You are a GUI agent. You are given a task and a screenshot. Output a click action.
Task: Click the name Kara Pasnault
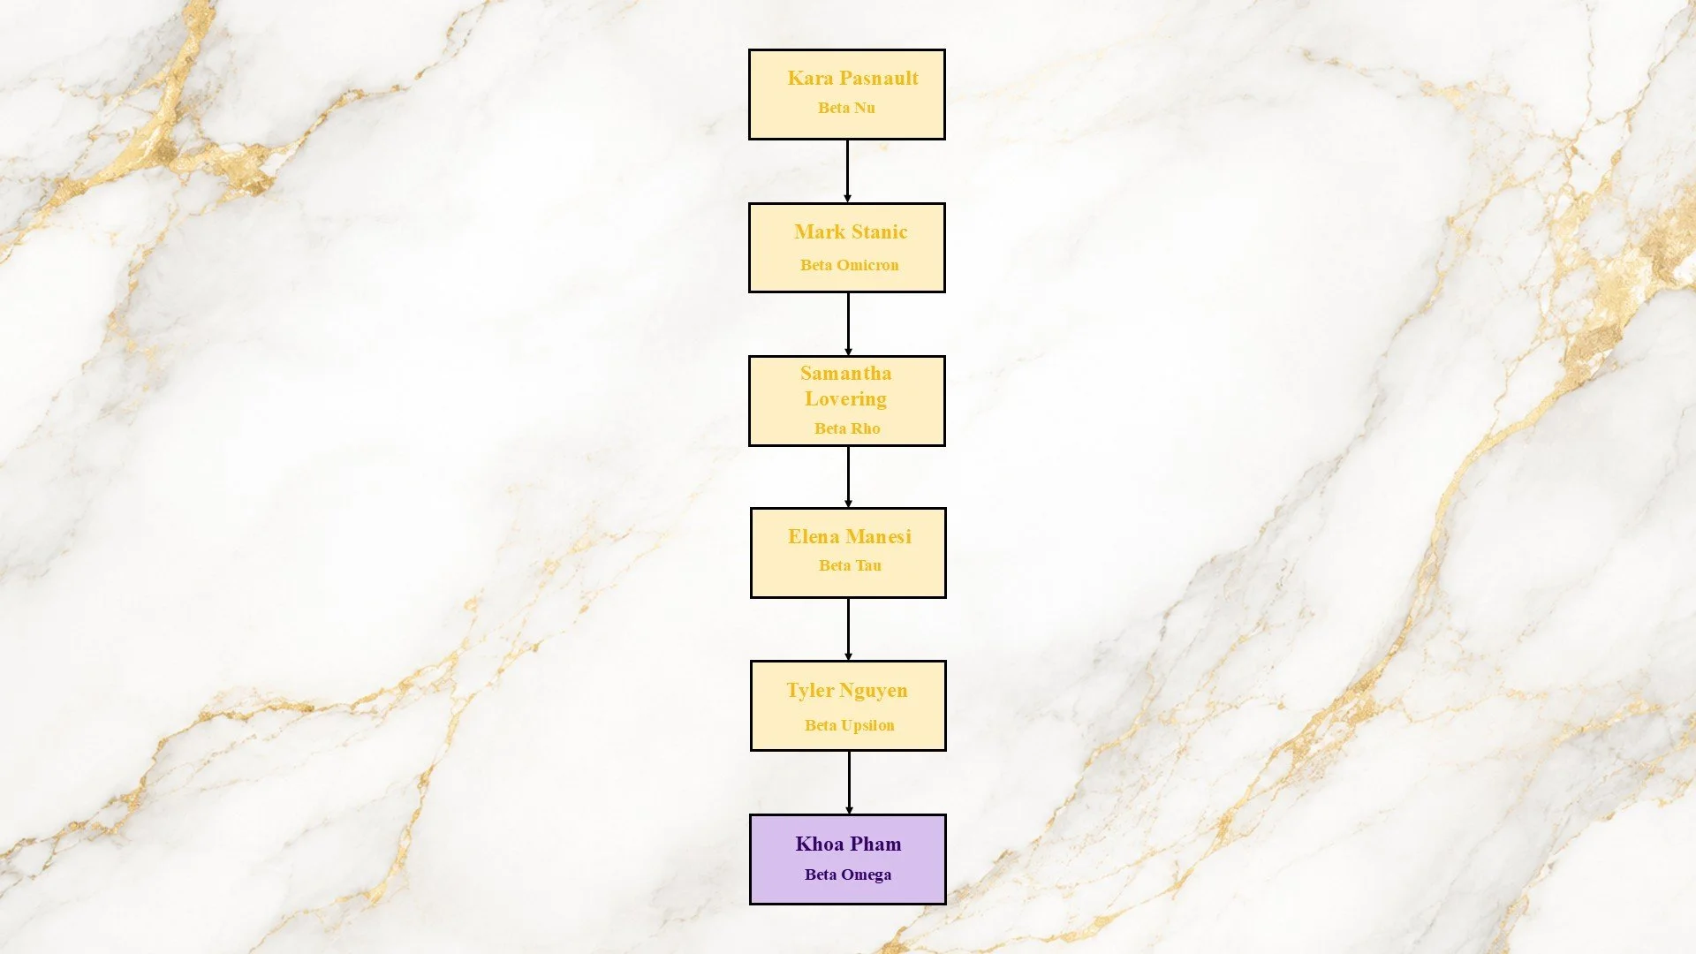[852, 79]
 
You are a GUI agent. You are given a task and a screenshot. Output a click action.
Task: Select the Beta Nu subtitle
[846, 108]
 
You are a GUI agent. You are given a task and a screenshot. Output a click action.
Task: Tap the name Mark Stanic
[851, 232]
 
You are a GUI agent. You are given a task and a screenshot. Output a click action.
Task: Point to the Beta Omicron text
[849, 265]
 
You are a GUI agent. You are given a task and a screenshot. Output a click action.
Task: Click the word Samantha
[845, 374]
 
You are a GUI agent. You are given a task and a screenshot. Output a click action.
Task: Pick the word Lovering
[845, 399]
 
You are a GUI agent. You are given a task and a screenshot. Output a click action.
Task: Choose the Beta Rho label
[847, 428]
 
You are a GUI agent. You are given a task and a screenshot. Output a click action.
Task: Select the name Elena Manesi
[849, 537]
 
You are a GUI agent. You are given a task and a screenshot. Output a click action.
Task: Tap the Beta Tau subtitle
[850, 565]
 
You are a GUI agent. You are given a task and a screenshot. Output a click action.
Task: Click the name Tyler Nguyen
[847, 691]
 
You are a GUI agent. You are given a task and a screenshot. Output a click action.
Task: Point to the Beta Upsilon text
[849, 725]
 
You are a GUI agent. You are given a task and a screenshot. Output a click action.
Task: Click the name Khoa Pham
[848, 844]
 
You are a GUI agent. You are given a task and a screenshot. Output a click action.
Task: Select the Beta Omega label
[848, 874]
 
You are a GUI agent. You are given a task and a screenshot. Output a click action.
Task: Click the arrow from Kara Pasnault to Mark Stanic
[847, 171]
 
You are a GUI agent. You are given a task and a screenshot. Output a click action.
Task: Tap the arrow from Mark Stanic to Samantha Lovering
[848, 324]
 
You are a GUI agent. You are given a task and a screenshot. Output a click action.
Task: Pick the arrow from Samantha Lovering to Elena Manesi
[848, 477]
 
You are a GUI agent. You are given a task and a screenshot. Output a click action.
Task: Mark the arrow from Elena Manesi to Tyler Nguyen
[848, 629]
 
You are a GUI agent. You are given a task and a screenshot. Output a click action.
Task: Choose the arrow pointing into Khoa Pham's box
[849, 783]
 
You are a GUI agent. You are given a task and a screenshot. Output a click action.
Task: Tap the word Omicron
[867, 265]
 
